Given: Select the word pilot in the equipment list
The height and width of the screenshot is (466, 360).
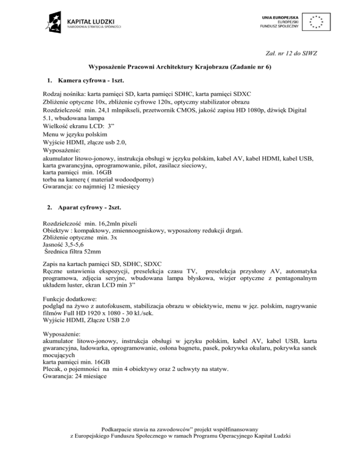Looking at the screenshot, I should (156, 166).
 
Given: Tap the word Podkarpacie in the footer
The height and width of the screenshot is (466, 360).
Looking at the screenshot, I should (119, 428).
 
